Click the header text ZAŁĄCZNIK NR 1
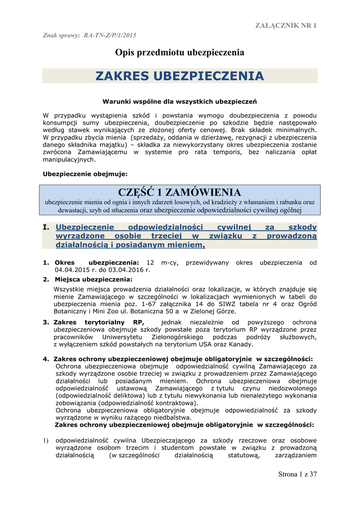[x=286, y=25]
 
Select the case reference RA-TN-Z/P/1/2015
[x=110, y=36]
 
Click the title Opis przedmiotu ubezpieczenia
[x=180, y=52]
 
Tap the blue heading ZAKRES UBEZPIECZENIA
[x=180, y=76]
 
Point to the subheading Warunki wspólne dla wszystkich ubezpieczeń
[x=179, y=102]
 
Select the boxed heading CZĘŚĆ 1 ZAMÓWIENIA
[x=179, y=192]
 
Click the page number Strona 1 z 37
[x=297, y=474]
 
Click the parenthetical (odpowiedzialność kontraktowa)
[x=127, y=403]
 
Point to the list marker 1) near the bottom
[x=45, y=440]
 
